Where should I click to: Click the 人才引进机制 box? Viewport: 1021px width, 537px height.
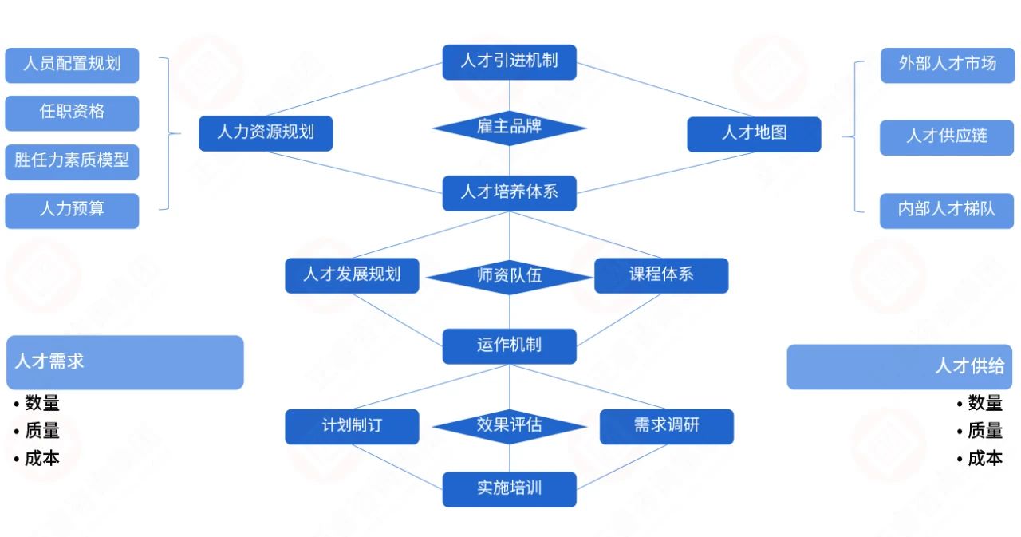click(509, 62)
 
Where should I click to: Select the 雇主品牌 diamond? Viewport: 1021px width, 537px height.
click(509, 128)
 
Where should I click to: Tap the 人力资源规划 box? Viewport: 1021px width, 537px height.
click(266, 133)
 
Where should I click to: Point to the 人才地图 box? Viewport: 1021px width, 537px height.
click(754, 134)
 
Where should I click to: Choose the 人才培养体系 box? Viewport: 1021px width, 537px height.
click(509, 193)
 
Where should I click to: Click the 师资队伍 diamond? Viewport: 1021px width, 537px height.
click(509, 277)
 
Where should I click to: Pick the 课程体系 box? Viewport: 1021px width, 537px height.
click(661, 275)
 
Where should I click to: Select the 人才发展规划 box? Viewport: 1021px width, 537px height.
click(352, 275)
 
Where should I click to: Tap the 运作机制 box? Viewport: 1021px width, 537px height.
click(509, 346)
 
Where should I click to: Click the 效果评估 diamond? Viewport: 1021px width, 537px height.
click(509, 426)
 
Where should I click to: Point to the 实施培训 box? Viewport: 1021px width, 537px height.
click(509, 489)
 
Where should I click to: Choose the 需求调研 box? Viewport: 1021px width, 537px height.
click(666, 426)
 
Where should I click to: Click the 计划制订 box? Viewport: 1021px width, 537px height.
click(352, 426)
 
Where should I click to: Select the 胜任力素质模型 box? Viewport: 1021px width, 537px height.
click(72, 162)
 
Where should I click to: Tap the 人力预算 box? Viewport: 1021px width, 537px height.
click(72, 211)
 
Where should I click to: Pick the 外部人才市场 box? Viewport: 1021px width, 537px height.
click(947, 65)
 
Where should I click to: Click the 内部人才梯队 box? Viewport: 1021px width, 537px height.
click(947, 211)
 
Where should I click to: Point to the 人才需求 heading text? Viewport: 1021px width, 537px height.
click(49, 361)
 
